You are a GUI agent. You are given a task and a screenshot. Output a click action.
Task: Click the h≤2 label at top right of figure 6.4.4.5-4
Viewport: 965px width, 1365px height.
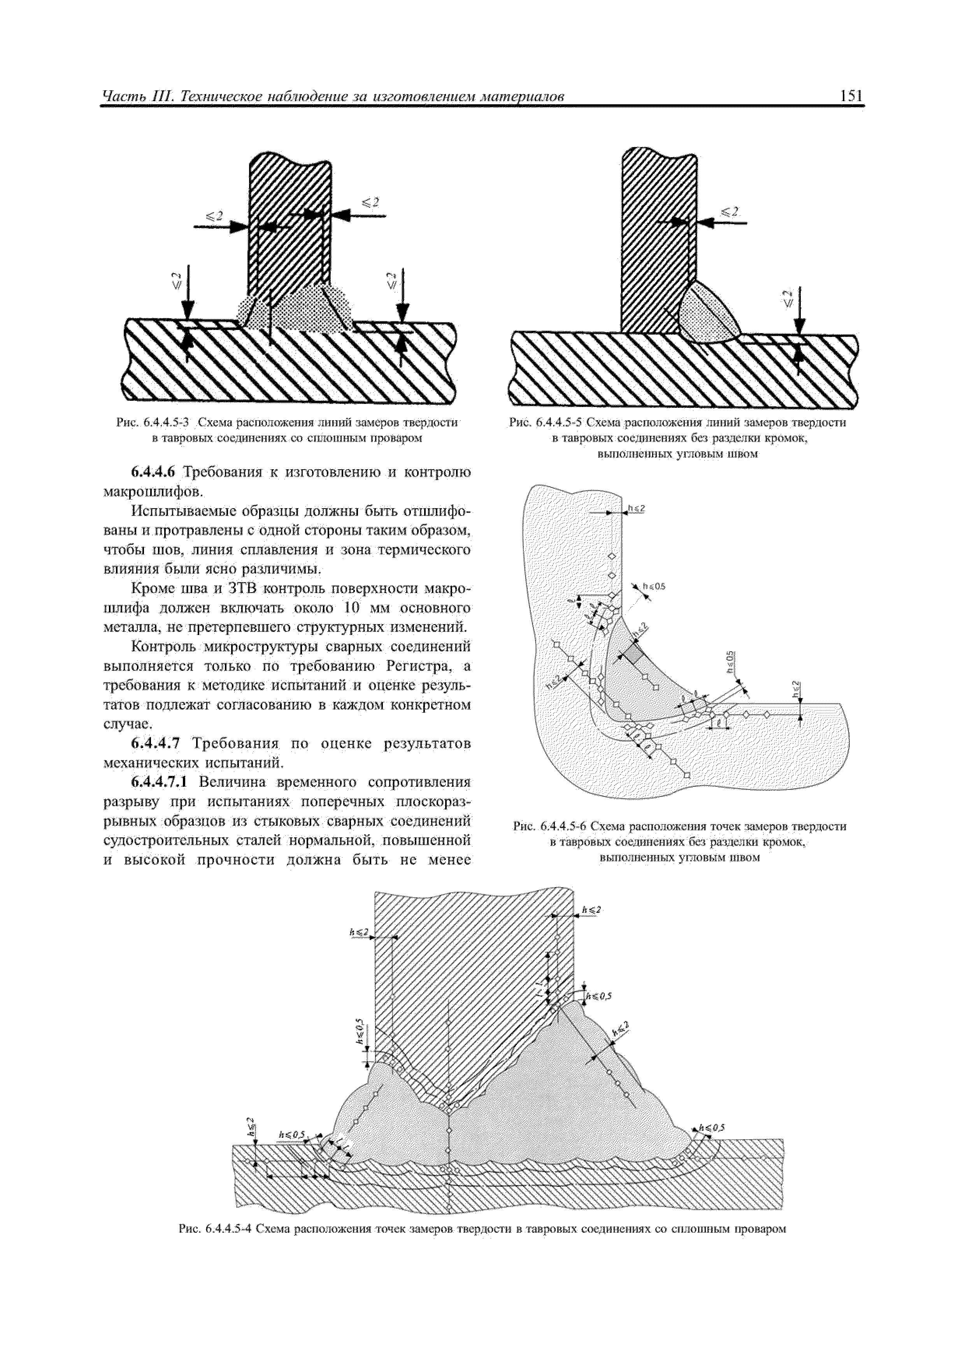591,909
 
